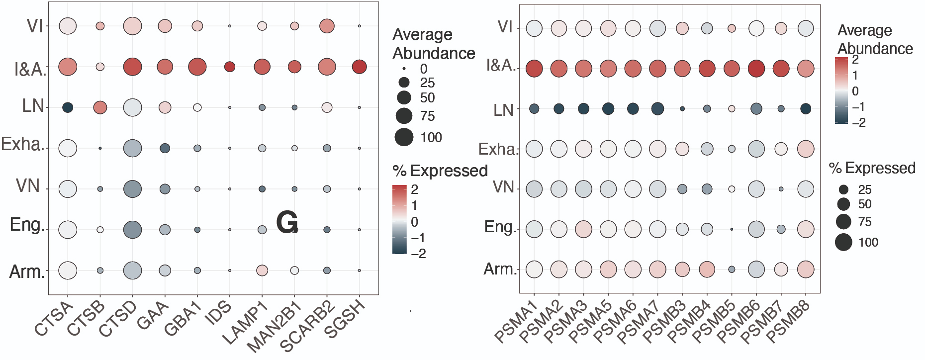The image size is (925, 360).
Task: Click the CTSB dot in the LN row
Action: [100, 107]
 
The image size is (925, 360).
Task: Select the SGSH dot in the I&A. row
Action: [359, 67]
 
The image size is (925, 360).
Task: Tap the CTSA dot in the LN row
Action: [68, 107]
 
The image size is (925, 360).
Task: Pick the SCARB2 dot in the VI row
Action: [327, 26]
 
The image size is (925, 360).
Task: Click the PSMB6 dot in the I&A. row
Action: [756, 68]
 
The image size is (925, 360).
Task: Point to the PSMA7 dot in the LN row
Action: [657, 109]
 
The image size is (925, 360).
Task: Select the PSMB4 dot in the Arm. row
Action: [707, 269]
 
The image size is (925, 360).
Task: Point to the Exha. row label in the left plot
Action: [23, 144]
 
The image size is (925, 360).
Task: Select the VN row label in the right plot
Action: [503, 187]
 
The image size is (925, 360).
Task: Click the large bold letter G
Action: [287, 222]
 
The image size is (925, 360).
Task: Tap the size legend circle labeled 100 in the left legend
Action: [404, 137]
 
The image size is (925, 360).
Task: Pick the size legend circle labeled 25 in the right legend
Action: [843, 189]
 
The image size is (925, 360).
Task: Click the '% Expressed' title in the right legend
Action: [872, 168]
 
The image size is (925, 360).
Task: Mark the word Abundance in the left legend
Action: [434, 53]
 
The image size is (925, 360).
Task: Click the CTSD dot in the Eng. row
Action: [132, 230]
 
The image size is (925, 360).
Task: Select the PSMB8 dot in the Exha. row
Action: [805, 149]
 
